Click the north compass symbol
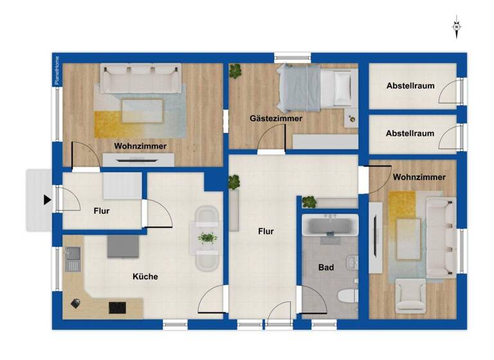point(456,27)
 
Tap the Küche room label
point(145,276)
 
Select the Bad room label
point(326,267)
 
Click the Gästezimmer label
point(276,118)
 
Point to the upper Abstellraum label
point(410,85)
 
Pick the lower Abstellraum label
point(410,134)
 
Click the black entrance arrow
point(47,200)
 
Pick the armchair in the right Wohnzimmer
point(410,296)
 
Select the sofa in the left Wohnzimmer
point(140,78)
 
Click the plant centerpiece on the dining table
point(206,238)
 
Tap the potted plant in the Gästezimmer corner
point(236,71)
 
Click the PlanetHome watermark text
point(57,70)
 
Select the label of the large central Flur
point(266,231)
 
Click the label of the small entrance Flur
point(102,210)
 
